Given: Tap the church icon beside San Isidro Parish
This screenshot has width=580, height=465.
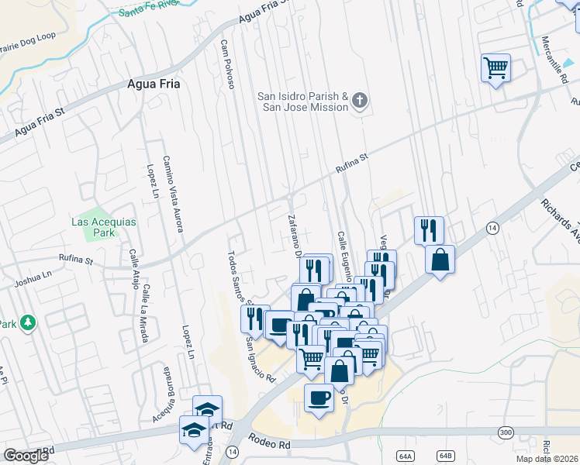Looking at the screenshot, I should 360,99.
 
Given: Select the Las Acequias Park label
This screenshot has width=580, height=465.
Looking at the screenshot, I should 104,227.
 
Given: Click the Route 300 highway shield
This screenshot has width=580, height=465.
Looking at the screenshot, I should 506,432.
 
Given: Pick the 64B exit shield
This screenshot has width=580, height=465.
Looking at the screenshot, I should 445,456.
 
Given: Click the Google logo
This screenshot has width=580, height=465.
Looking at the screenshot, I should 25,456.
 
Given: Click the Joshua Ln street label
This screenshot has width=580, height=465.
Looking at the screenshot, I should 36,274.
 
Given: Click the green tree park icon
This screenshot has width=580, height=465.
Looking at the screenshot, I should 29,322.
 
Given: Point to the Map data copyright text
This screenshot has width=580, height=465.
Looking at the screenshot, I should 547,459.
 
